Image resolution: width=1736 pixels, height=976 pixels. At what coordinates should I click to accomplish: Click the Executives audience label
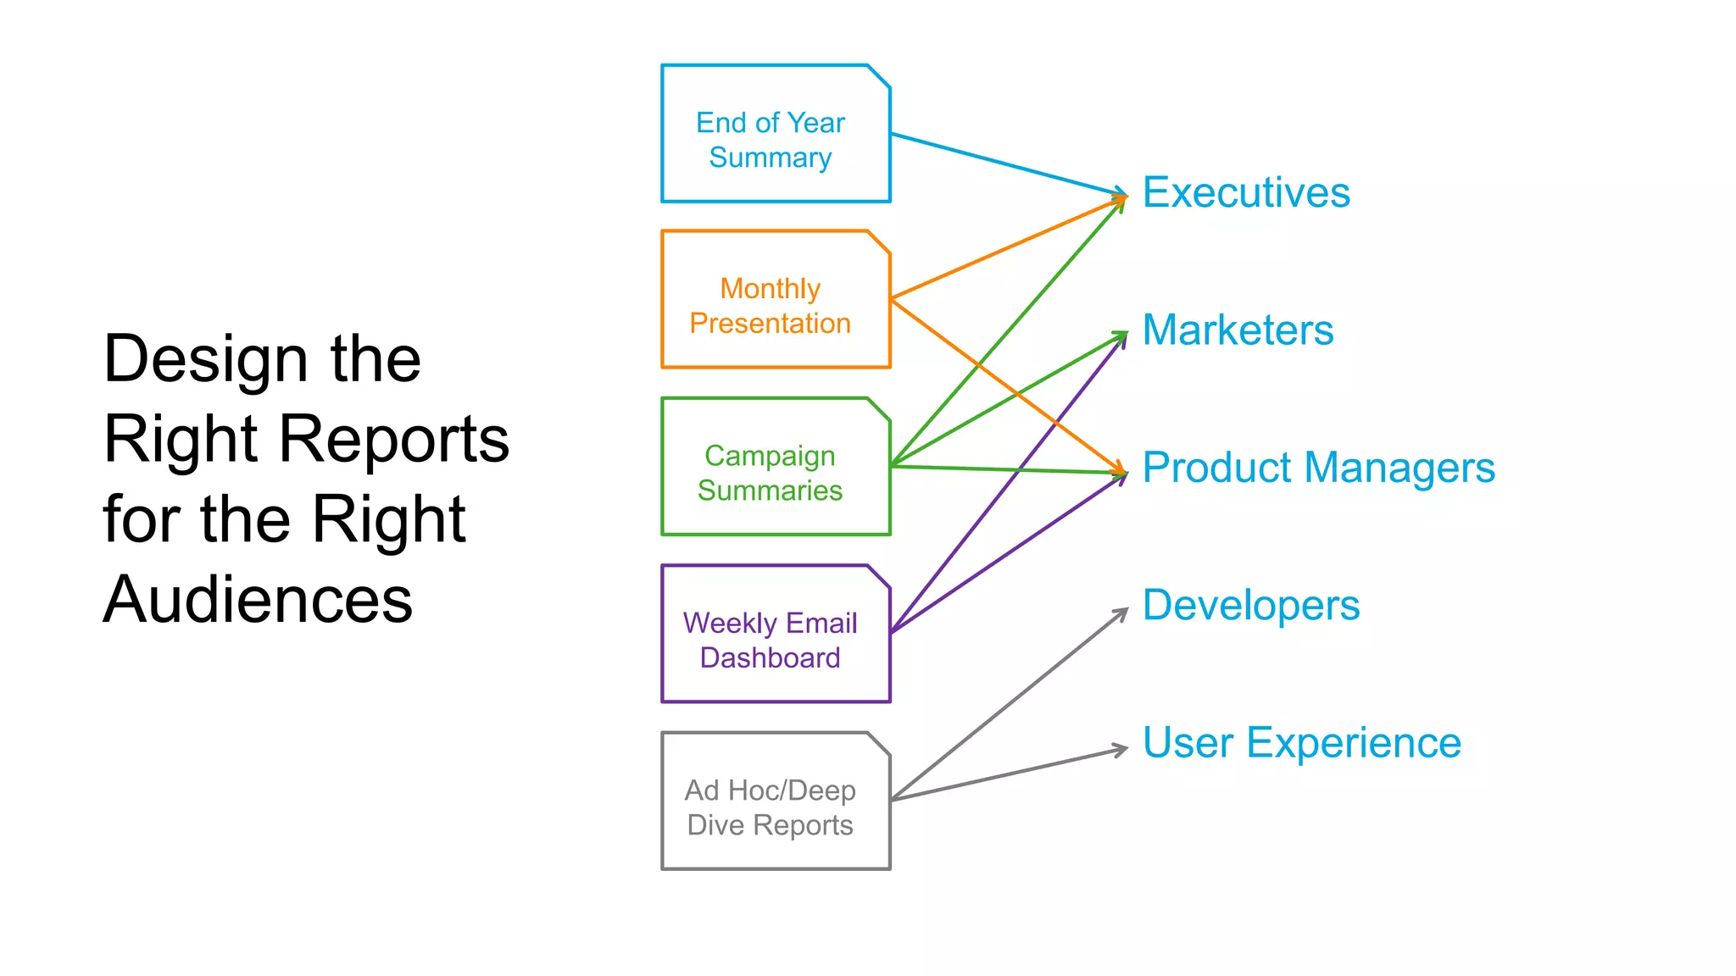point(1245,192)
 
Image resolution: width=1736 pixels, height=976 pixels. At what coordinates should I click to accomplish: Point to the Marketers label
point(1238,330)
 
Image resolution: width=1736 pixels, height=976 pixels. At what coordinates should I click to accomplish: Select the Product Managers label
point(1318,468)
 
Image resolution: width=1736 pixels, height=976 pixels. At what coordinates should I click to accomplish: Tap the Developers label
point(1250,606)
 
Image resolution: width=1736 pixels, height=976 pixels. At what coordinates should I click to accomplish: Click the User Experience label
point(1301,743)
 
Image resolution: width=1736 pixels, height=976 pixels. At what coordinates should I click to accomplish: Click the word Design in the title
point(203,360)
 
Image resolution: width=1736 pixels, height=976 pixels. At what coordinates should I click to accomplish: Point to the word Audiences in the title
point(258,600)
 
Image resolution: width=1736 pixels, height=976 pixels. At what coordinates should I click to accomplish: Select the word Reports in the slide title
point(393,440)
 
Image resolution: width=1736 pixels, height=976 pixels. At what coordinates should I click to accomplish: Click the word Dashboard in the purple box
point(770,658)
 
